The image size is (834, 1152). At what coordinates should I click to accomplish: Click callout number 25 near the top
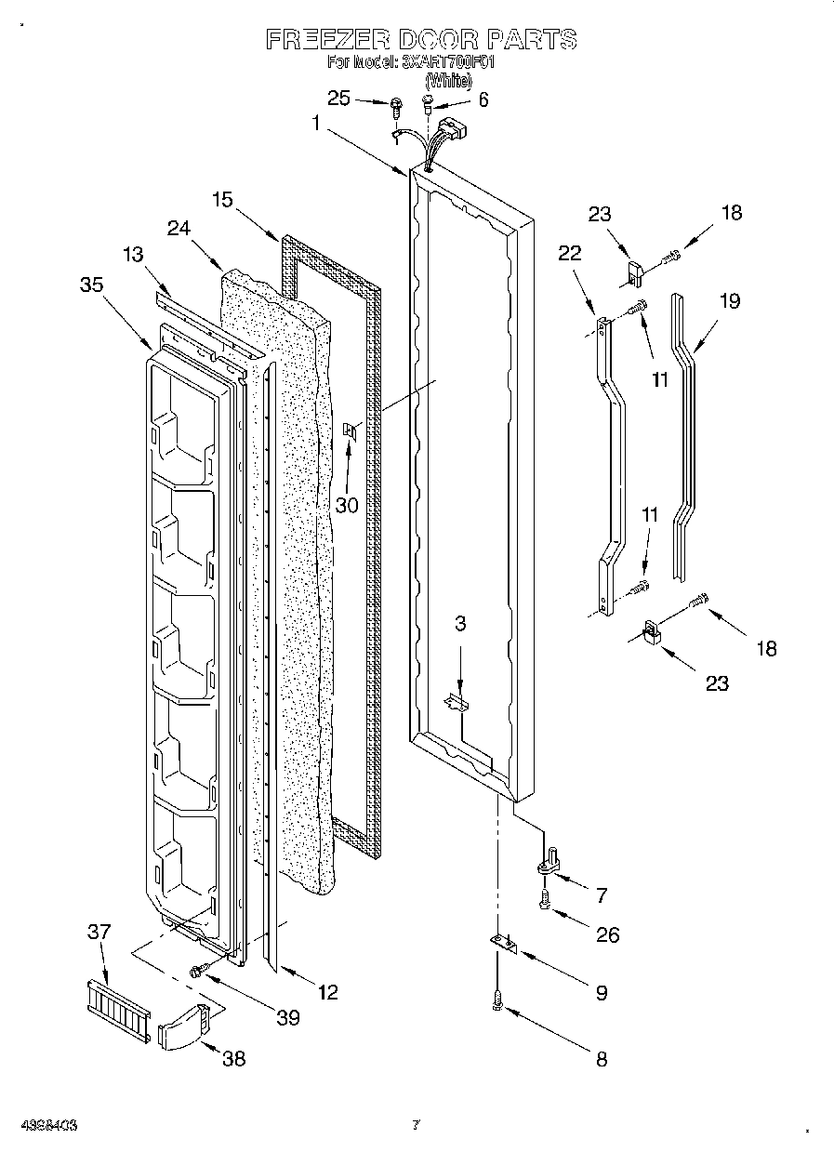[x=339, y=99]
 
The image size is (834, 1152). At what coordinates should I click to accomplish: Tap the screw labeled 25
[x=395, y=105]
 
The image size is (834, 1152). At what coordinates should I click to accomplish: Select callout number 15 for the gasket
[x=221, y=199]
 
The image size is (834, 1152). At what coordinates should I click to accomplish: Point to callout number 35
[x=91, y=285]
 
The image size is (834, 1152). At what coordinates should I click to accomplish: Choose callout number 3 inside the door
[x=459, y=624]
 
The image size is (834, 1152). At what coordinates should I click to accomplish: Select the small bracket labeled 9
[x=503, y=944]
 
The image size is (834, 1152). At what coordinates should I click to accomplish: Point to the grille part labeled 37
[x=116, y=1006]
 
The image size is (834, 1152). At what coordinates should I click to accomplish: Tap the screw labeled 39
[x=198, y=971]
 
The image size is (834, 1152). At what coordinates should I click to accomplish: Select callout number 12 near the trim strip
[x=327, y=992]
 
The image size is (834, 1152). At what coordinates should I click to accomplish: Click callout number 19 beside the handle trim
[x=730, y=302]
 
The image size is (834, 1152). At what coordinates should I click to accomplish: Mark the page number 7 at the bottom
[x=416, y=1125]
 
